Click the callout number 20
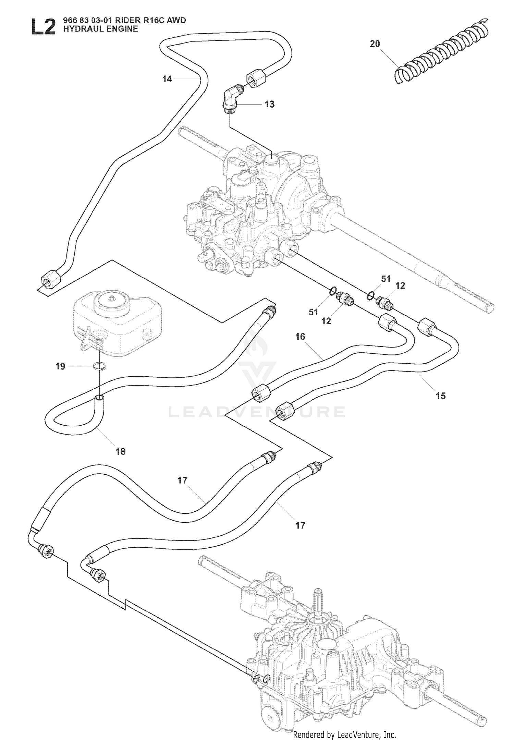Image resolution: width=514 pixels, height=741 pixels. pos(375,44)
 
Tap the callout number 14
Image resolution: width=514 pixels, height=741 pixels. pos(167,79)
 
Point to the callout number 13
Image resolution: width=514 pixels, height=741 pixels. pos(270,104)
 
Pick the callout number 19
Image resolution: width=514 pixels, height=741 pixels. pos(60,366)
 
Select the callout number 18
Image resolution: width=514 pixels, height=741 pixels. pos(121,451)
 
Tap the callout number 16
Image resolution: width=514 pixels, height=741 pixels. pos(300,337)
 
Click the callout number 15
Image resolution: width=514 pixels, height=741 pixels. pos(441,396)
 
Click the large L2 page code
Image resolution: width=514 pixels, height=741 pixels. pos(43,26)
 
